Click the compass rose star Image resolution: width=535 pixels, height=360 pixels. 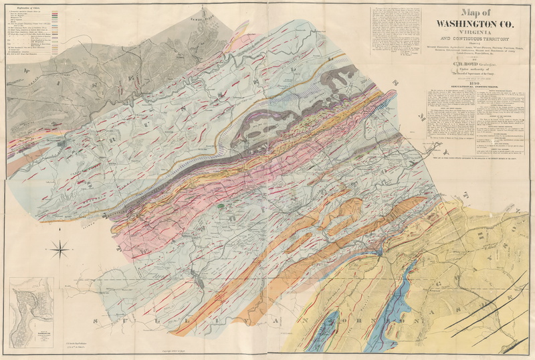click(60, 250)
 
